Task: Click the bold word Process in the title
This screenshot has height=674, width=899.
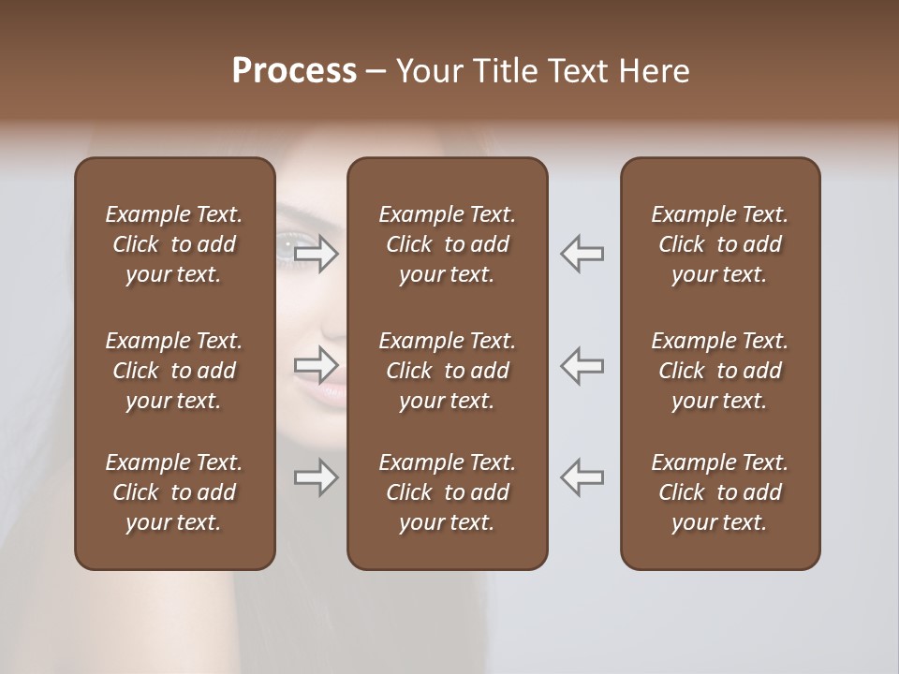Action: tap(294, 71)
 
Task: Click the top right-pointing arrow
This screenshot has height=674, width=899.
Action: tap(316, 252)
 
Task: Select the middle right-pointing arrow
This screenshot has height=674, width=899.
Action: tap(316, 364)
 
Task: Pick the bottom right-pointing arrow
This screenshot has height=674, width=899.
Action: tap(316, 477)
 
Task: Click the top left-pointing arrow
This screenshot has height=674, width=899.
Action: tap(582, 252)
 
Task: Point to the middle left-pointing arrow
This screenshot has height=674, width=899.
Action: tap(582, 364)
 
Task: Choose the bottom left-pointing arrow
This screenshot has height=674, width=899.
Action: tap(582, 477)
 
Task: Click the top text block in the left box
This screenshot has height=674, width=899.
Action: tap(174, 244)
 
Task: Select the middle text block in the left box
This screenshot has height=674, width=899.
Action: tap(174, 371)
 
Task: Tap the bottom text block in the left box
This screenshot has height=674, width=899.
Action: tap(174, 492)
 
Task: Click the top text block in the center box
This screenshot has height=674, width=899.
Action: tap(447, 244)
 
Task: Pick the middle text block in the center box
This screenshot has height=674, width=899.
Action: tap(447, 371)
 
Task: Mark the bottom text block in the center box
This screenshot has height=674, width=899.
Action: tap(447, 492)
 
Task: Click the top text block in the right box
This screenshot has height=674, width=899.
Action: tap(719, 244)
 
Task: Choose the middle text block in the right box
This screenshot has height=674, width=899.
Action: tap(719, 371)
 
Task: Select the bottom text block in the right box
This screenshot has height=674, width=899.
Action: tap(719, 492)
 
